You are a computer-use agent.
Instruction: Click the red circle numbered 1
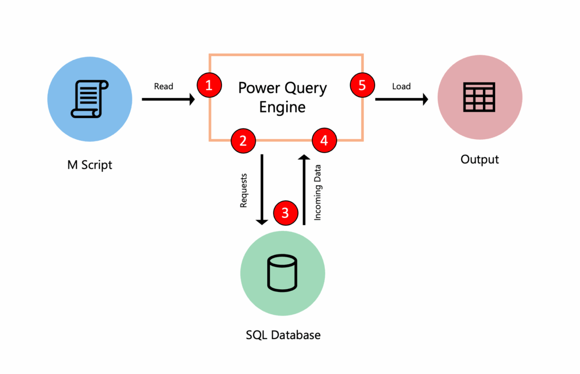coord(209,85)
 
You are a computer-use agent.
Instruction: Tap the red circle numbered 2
coord(243,140)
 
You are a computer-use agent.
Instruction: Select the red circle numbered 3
coord(286,213)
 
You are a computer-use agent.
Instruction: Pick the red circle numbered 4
coord(324,140)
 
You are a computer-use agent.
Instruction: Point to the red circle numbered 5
coord(362,85)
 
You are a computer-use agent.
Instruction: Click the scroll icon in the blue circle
coord(90,98)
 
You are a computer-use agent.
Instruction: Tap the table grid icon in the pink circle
coord(479,98)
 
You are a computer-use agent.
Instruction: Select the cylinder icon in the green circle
coord(282,273)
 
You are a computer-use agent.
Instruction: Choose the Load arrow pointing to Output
coord(401,99)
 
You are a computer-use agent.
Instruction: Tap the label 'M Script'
coord(90,165)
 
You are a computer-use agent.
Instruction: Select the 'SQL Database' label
coord(283,335)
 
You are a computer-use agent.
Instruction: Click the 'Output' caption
coord(480,159)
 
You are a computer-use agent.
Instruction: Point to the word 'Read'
coord(163,86)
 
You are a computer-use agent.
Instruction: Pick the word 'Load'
coord(401,86)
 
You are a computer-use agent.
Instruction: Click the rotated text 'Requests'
coord(244,190)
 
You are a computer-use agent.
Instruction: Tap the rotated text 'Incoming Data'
coord(318,192)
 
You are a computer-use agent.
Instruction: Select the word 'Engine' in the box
coord(282,107)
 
